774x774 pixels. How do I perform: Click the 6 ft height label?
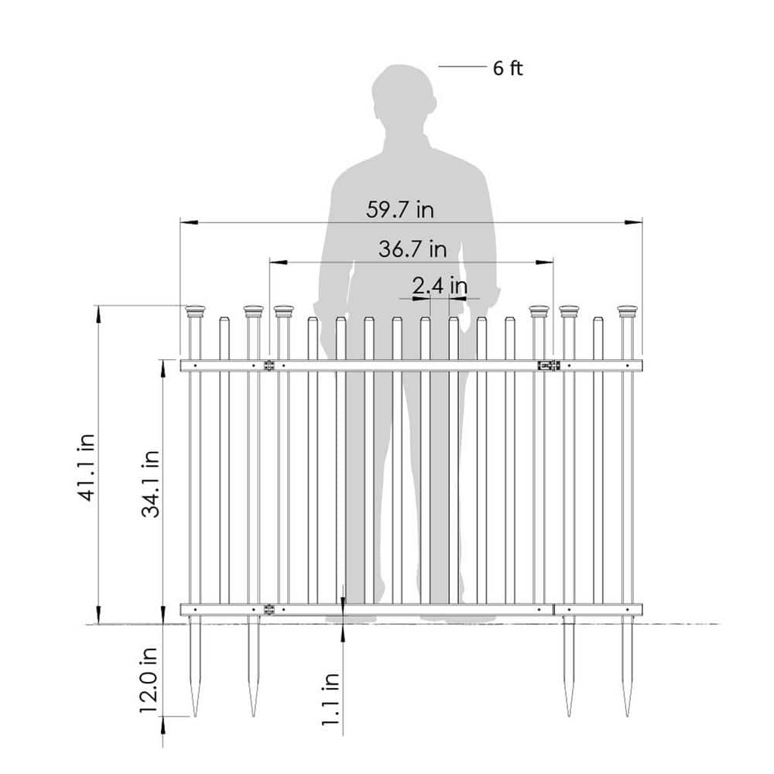(508, 68)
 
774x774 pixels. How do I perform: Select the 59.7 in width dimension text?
(400, 210)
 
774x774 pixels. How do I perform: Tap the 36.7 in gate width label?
(413, 248)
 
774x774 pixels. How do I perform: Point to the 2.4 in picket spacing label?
(440, 286)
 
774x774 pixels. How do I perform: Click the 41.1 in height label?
(87, 467)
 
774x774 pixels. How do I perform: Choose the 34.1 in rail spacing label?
(151, 484)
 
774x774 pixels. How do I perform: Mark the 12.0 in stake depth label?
(148, 680)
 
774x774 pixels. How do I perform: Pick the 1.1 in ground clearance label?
(330, 699)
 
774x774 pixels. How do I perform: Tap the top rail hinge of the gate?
(269, 366)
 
